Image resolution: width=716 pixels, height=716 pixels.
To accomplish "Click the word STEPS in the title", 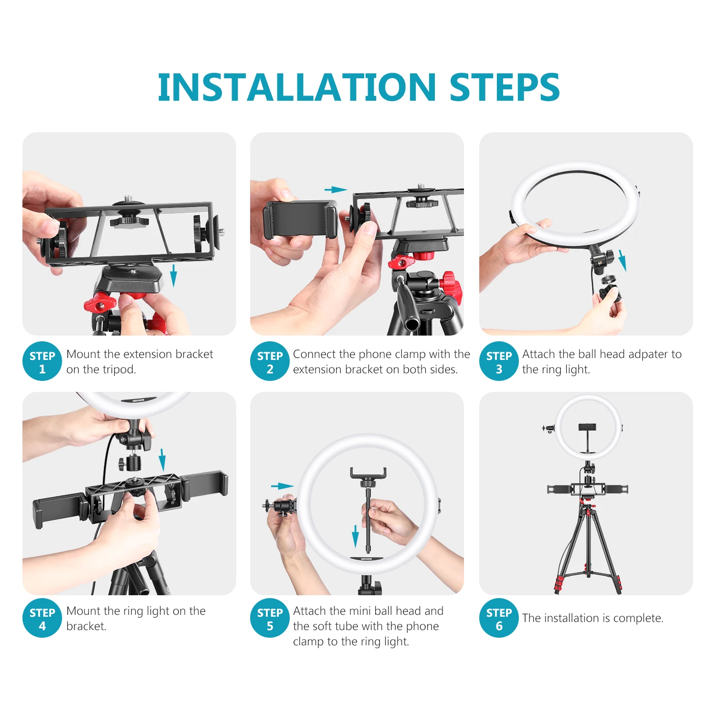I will (505, 87).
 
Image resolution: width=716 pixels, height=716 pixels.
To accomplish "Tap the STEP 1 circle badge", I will (42, 362).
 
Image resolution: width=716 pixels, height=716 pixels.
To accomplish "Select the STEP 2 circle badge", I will (270, 362).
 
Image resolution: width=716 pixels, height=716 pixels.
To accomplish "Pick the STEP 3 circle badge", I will (499, 362).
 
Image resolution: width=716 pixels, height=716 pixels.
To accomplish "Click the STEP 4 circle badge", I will (42, 618).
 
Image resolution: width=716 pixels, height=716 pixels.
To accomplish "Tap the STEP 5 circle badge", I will (270, 618).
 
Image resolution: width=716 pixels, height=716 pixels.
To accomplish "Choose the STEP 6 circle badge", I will (499, 618).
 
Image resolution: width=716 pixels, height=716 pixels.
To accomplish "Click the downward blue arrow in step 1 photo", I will (173, 275).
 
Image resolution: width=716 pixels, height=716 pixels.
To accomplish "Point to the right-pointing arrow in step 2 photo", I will (336, 190).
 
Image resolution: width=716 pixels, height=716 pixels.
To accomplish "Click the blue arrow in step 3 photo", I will (622, 260).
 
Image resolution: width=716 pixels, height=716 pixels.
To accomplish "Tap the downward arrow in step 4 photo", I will (162, 459).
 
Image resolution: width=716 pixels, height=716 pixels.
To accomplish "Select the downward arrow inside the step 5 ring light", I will (355, 536).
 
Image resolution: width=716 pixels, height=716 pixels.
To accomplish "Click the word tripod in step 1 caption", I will (120, 369).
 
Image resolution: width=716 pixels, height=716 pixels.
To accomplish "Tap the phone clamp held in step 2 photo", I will (300, 220).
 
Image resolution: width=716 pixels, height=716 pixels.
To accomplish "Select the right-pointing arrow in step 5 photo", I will (282, 486).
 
